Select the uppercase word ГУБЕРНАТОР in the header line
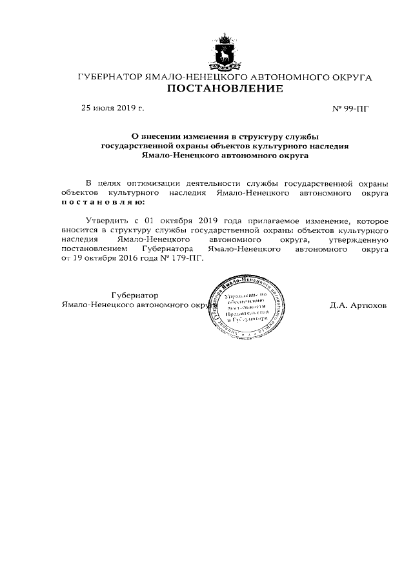click(107, 77)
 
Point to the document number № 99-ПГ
click(350, 108)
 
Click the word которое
click(368, 220)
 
